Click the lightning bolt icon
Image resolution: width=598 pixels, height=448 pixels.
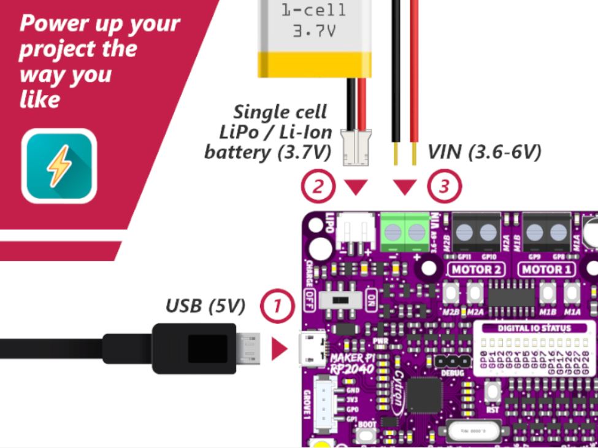point(59,165)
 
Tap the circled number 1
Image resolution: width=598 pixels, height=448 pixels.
point(277,305)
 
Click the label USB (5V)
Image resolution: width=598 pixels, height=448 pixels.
point(205,305)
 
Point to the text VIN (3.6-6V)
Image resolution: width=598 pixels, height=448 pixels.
point(484,152)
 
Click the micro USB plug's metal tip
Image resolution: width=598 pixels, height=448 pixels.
point(248,349)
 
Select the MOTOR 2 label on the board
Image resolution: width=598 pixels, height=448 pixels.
point(477,269)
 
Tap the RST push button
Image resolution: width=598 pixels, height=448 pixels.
point(492,390)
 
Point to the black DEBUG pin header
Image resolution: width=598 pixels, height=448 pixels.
point(453,361)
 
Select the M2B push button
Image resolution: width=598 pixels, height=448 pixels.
point(453,294)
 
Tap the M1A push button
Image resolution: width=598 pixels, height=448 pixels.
point(572,294)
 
